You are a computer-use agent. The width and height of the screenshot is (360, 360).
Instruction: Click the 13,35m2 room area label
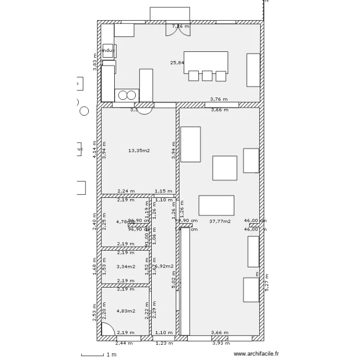click(139, 151)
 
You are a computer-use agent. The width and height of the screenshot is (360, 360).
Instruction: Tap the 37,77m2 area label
click(220, 222)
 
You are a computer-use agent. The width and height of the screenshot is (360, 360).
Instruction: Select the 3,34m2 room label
click(126, 266)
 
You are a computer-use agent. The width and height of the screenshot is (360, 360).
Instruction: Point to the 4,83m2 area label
click(126, 311)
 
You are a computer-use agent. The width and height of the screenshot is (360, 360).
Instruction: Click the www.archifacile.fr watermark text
click(256, 355)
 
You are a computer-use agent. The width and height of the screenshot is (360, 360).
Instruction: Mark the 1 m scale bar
click(102, 355)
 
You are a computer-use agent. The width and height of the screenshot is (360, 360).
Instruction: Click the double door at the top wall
click(178, 29)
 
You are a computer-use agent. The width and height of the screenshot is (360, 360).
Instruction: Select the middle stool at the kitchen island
click(207, 76)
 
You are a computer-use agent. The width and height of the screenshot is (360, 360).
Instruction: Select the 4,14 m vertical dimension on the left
click(95, 149)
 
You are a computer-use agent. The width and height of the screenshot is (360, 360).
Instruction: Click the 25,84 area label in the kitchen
click(177, 62)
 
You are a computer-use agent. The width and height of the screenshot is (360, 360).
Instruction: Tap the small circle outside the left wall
click(84, 111)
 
